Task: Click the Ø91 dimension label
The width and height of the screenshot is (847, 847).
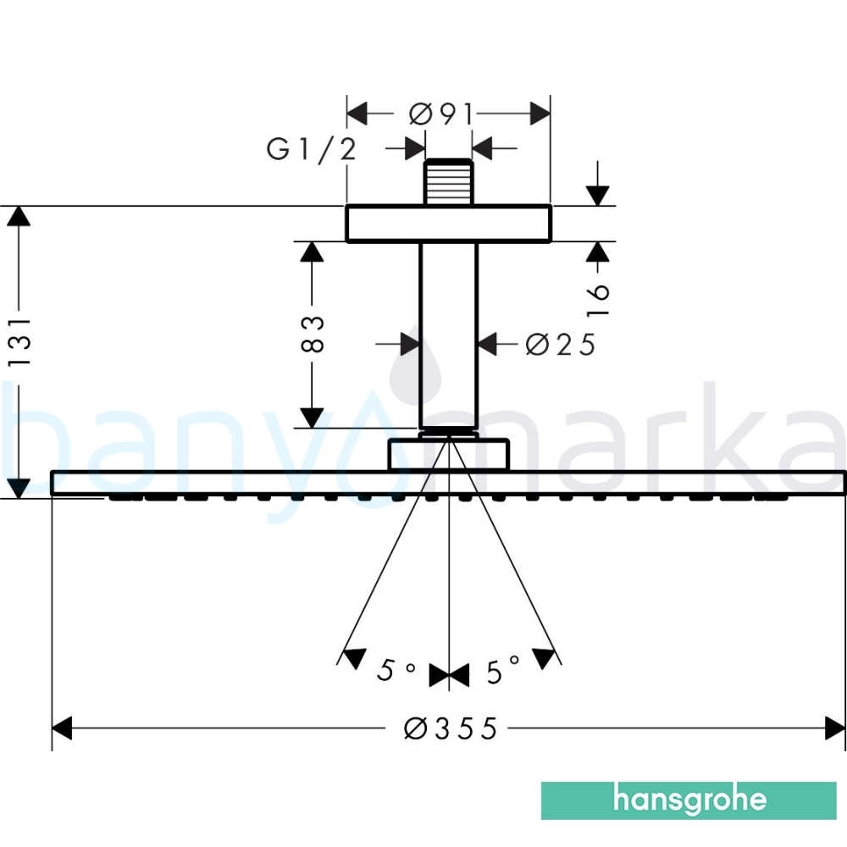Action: (x=441, y=114)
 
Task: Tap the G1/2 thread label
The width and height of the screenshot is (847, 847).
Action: (x=312, y=149)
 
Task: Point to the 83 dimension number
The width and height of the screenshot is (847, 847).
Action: (x=313, y=335)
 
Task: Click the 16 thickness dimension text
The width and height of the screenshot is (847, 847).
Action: (x=597, y=299)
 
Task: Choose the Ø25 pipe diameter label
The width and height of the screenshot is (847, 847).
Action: (x=560, y=345)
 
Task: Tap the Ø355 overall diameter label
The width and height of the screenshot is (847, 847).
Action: (x=450, y=728)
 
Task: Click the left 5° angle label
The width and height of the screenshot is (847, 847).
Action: (x=396, y=670)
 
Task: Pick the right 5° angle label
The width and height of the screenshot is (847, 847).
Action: (x=503, y=670)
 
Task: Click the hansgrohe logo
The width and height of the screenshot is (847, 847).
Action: (x=689, y=800)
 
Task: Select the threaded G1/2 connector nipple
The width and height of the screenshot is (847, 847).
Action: (x=448, y=182)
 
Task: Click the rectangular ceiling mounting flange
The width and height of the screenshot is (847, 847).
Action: (x=448, y=224)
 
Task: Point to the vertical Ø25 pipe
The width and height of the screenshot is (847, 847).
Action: (x=448, y=335)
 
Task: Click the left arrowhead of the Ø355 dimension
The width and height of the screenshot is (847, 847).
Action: (x=62, y=728)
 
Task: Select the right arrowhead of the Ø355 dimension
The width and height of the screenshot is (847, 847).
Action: (x=835, y=728)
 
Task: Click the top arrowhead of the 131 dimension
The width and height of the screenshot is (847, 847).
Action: (x=19, y=216)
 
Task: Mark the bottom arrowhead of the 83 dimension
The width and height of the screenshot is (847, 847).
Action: (x=312, y=418)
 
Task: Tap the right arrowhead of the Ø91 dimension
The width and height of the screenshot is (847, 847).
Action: (x=540, y=113)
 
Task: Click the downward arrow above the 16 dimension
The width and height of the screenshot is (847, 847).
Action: (x=597, y=184)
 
